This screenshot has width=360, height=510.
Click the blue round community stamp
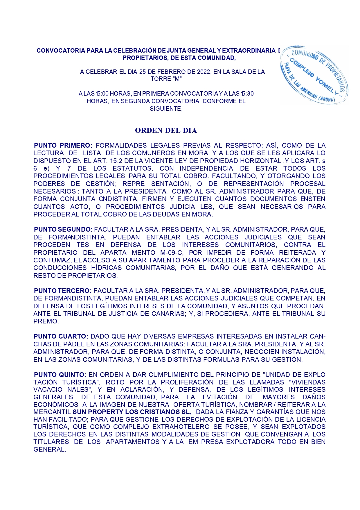pyautogui.click(x=314, y=75)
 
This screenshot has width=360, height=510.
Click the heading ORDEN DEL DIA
pyautogui.click(x=166, y=131)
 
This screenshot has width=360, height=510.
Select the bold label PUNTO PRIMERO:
pyautogui.click(x=63, y=146)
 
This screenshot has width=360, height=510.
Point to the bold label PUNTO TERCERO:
pyautogui.click(x=63, y=291)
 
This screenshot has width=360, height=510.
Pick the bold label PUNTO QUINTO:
pyautogui.click(x=60, y=375)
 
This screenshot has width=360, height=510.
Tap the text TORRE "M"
pyautogui.click(x=166, y=79)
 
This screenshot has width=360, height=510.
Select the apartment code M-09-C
pyautogui.click(x=171, y=253)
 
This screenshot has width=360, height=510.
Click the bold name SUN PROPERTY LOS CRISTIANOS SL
pyautogui.click(x=132, y=412)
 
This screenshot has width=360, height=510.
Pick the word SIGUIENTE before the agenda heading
pyautogui.click(x=166, y=109)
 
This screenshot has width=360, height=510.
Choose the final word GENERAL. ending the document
pyautogui.click(x=50, y=450)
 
